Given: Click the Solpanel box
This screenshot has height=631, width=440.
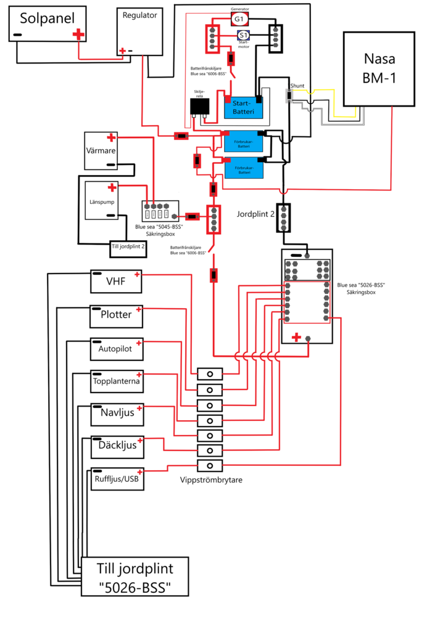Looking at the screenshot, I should tap(46, 25).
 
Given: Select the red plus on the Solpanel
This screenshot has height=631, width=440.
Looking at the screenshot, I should tap(78, 35).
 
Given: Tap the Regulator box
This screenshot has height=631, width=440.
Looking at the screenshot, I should tap(139, 31).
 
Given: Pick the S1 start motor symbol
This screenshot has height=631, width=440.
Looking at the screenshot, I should tap(244, 35).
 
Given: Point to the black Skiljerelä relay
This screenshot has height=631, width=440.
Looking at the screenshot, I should tap(200, 106).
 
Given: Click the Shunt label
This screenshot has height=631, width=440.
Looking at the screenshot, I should tap(297, 86).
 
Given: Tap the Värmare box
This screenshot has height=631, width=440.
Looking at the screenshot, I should tap(101, 150).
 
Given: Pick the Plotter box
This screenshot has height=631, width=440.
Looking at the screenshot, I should tap(116, 315).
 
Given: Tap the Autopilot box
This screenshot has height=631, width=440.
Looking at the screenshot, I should tap(116, 349).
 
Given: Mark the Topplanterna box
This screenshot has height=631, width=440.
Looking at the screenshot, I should tap(116, 381).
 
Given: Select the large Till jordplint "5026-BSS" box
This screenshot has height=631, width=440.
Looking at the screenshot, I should tap(135, 576).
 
